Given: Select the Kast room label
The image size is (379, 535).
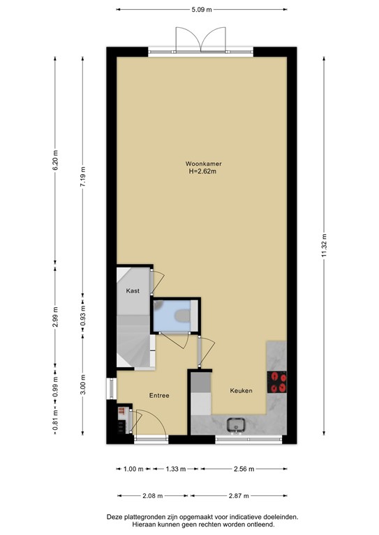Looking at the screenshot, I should tap(133, 290).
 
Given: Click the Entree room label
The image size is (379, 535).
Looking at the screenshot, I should tap(159, 396).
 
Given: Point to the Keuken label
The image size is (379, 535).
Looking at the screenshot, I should tap(241, 391).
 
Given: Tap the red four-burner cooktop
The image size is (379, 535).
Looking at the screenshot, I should tap(278, 381).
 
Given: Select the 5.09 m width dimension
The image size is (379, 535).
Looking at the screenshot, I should tap(202, 10).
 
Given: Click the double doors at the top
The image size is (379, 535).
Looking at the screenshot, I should tap(201, 38).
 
